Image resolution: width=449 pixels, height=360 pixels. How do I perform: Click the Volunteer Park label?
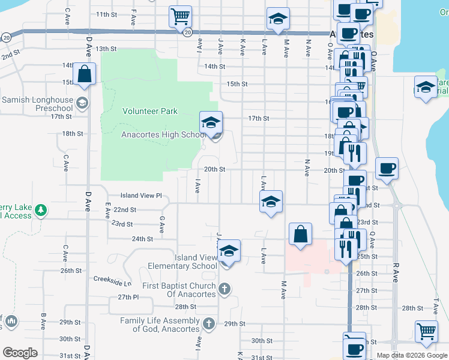coord(150,111)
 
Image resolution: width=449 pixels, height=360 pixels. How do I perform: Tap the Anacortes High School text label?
coord(164,134)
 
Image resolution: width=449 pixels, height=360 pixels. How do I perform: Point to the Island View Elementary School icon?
coord(229,252)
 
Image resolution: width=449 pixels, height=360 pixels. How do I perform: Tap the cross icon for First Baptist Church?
coord(224,290)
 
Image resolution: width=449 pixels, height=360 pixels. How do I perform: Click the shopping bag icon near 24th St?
coord(300,235)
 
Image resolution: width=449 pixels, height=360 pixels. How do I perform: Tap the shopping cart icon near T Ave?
coord(426,332)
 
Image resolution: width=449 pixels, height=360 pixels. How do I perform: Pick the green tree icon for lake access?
coord(40,210)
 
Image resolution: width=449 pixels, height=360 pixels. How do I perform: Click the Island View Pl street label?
coord(141,195)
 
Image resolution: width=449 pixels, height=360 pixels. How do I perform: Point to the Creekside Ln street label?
coord(112,279)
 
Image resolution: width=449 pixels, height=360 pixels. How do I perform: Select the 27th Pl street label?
coord(128,297)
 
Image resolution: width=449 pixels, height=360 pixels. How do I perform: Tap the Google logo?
coord(20,353)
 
